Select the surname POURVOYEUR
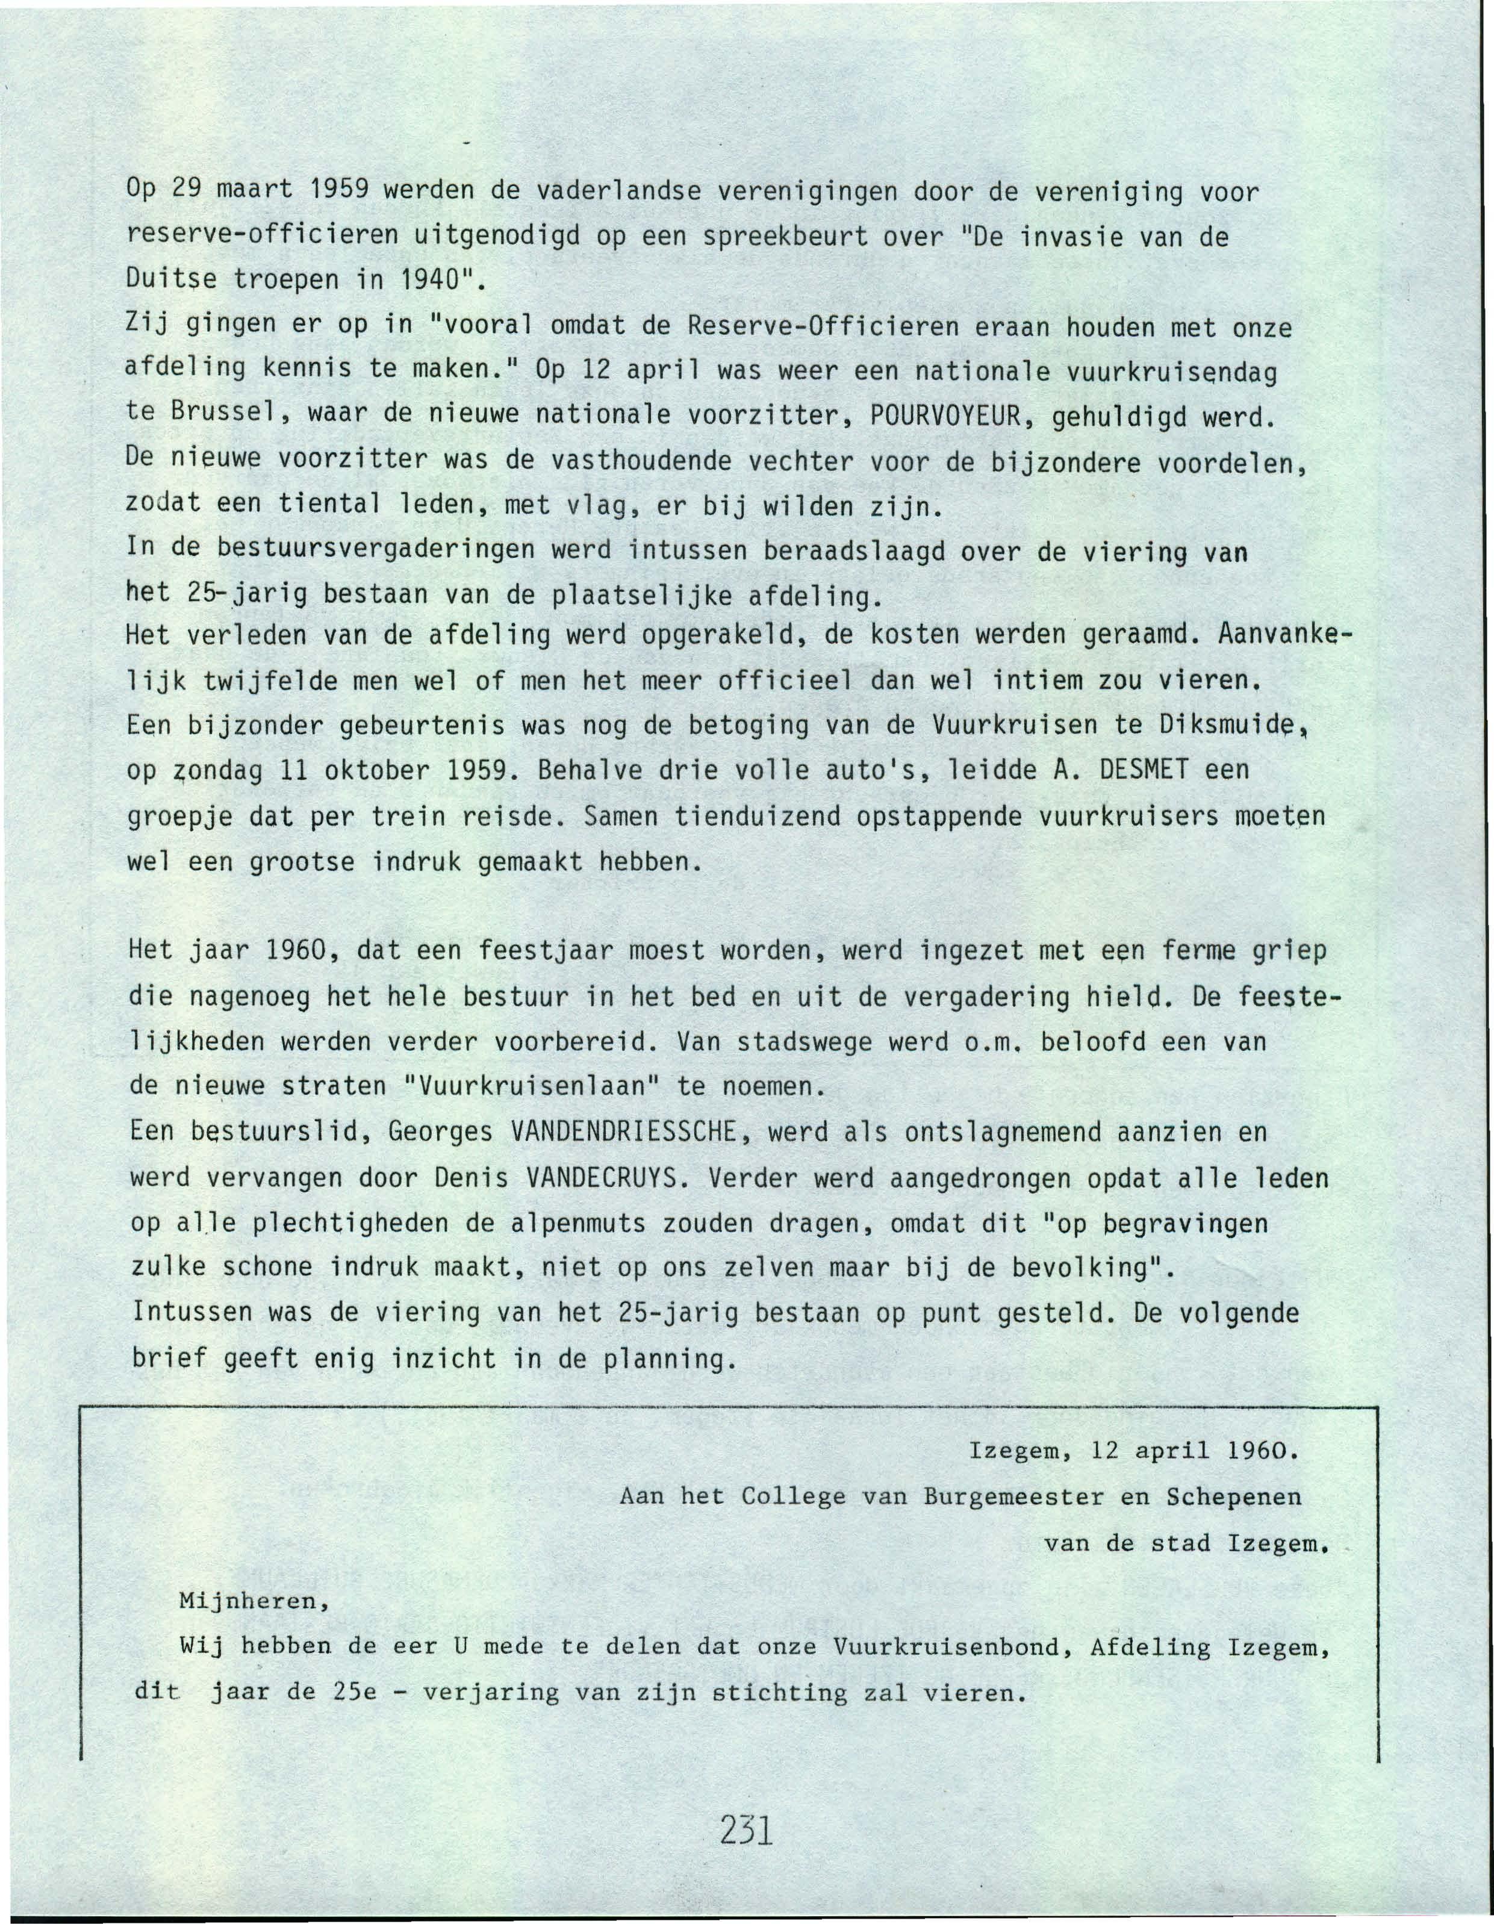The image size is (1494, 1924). tap(941, 415)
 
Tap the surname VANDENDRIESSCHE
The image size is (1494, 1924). tap(623, 1132)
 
